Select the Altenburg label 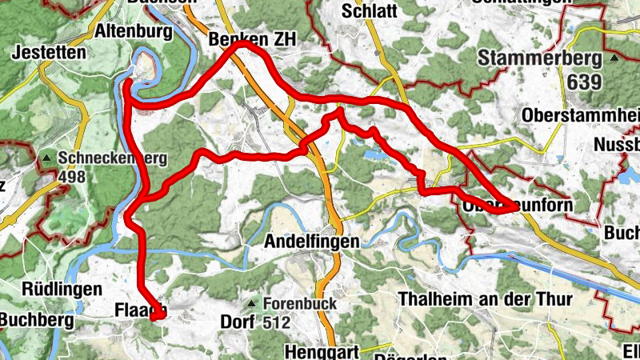click(x=134, y=32)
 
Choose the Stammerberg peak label click(x=540, y=58)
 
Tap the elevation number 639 click(x=587, y=82)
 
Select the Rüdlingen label click(x=50, y=288)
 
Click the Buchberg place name click(x=36, y=321)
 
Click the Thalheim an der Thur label click(x=486, y=299)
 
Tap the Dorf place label click(x=236, y=322)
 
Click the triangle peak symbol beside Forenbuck click(x=252, y=304)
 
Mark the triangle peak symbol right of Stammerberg click(x=614, y=59)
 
